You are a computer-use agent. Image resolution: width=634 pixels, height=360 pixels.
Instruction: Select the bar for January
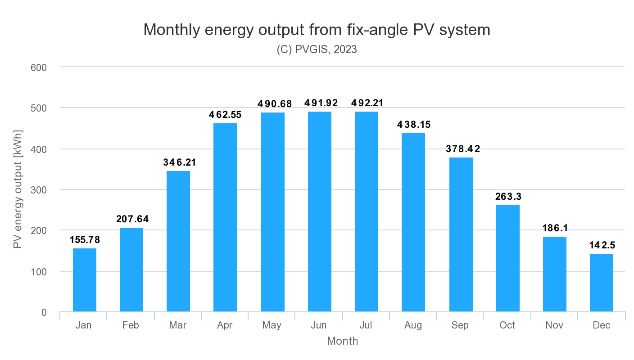click(x=85, y=280)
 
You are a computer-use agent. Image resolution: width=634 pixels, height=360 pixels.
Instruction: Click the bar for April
click(x=225, y=217)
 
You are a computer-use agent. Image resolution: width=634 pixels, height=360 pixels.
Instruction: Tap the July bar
click(x=366, y=211)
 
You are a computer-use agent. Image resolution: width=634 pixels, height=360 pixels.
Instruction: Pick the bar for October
click(x=507, y=258)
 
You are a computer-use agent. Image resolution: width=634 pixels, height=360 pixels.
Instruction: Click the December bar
click(x=601, y=283)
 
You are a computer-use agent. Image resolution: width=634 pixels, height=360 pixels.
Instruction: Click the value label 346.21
click(x=179, y=162)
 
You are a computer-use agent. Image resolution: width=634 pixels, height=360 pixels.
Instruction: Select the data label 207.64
click(x=132, y=220)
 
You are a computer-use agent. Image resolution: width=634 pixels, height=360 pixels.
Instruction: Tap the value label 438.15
click(x=413, y=125)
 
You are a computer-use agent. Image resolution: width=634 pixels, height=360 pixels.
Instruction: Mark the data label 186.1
click(x=554, y=228)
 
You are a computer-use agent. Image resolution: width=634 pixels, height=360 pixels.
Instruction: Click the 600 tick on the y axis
click(x=39, y=67)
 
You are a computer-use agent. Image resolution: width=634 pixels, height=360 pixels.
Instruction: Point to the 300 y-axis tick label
click(x=39, y=190)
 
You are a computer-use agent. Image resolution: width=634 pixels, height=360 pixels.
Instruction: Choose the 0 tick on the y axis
click(x=44, y=312)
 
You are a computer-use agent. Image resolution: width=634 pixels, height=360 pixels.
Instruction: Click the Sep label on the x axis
click(x=460, y=325)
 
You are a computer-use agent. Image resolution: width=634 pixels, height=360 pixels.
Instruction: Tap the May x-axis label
click(x=272, y=325)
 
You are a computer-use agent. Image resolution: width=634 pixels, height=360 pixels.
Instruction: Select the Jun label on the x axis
click(x=319, y=325)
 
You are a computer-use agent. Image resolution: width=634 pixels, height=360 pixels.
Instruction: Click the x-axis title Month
click(x=342, y=341)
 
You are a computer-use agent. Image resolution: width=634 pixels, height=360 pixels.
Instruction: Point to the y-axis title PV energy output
click(x=18, y=189)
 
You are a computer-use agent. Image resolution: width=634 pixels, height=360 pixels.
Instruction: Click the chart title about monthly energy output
click(x=317, y=30)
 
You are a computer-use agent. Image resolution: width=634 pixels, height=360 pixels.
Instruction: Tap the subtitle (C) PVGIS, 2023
click(x=317, y=49)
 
